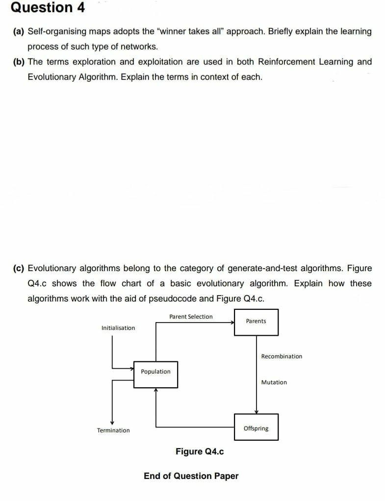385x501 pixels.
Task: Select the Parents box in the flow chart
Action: click(x=256, y=322)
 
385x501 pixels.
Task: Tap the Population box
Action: click(x=156, y=375)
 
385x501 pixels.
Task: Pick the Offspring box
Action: click(x=256, y=427)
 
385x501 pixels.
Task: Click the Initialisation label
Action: click(x=118, y=328)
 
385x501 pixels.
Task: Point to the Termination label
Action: click(x=113, y=430)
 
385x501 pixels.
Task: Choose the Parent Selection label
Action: click(x=191, y=317)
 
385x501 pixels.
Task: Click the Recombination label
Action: click(x=282, y=356)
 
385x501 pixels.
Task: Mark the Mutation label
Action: click(x=274, y=382)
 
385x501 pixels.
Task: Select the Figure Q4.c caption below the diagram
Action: click(x=200, y=451)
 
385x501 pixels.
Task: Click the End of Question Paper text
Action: click(x=191, y=476)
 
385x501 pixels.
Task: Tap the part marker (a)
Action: click(x=19, y=31)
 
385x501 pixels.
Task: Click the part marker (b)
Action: click(x=19, y=62)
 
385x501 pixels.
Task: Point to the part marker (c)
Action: click(x=19, y=268)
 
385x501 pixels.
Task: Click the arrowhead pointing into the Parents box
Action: click(x=232, y=323)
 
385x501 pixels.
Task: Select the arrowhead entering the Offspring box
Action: click(x=256, y=412)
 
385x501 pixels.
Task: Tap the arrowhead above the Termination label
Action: click(x=112, y=423)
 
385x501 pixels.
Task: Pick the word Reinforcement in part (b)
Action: click(x=286, y=62)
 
